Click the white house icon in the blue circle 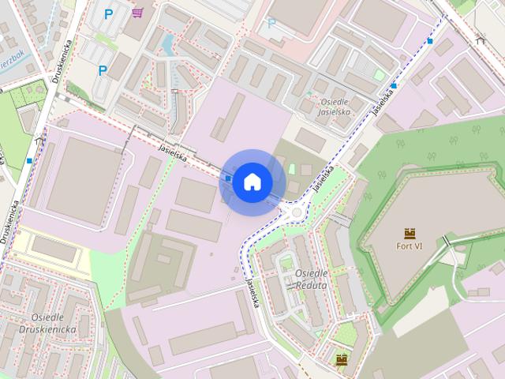[252, 182]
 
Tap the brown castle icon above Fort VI [410, 233]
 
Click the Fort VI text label [410, 246]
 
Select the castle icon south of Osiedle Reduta [342, 360]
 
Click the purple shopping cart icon [138, 13]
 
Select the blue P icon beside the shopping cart [110, 13]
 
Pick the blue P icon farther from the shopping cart [103, 70]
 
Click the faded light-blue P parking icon [271, 23]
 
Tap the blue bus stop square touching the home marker [227, 178]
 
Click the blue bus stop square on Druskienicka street [29, 160]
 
